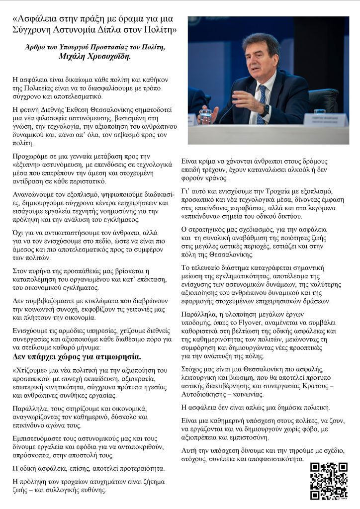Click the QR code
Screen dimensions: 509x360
[x=328, y=481]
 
